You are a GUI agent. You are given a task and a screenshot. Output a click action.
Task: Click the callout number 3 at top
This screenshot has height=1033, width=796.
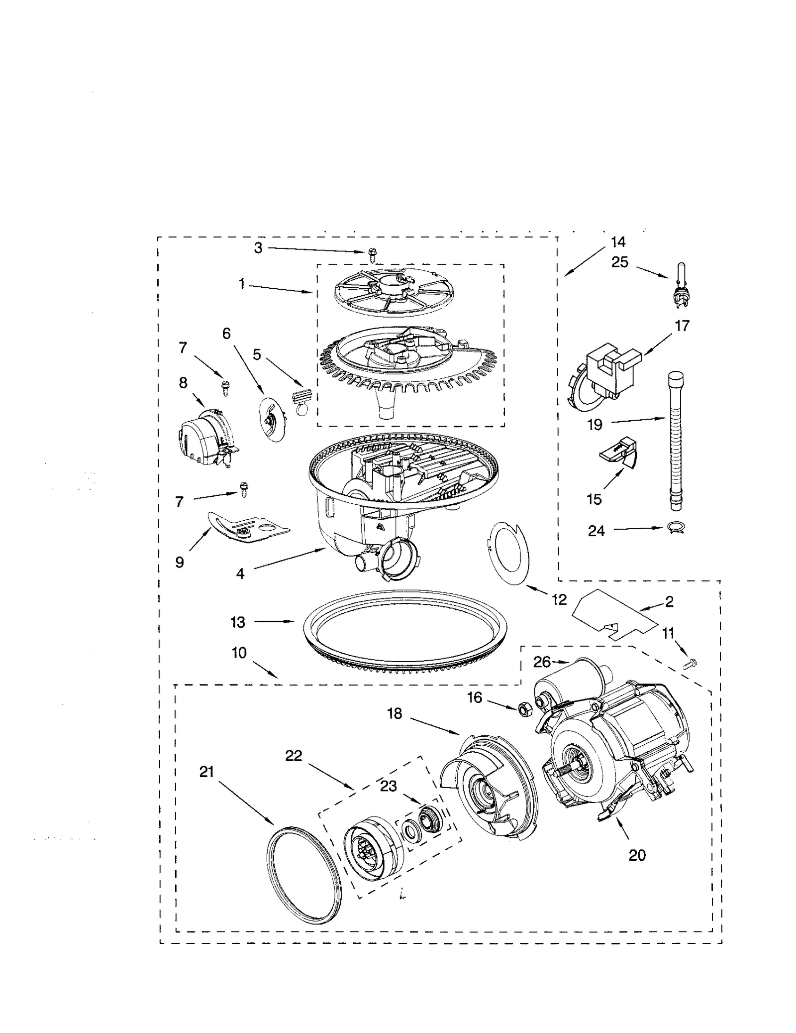[258, 247]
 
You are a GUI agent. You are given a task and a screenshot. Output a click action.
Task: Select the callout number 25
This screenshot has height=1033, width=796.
[620, 262]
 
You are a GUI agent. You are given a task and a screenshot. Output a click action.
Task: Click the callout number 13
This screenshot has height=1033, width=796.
[238, 622]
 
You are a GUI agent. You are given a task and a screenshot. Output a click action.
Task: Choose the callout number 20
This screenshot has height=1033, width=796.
[637, 855]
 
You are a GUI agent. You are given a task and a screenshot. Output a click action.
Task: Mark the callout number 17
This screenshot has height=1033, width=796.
[682, 326]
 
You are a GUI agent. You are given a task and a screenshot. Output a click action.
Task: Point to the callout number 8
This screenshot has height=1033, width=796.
[183, 383]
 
